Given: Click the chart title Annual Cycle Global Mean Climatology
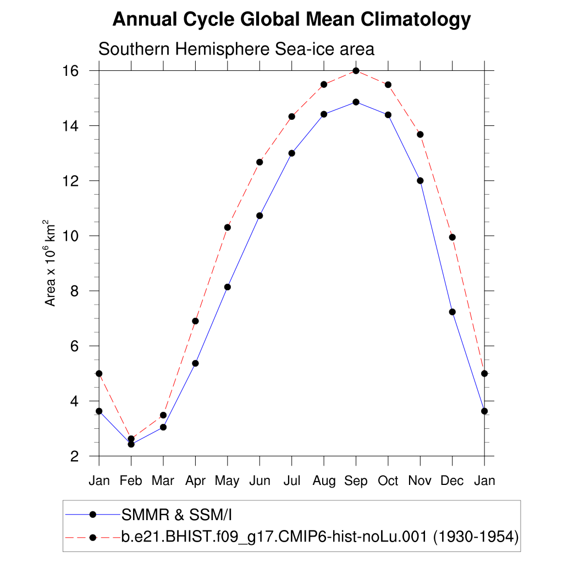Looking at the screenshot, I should [291, 20].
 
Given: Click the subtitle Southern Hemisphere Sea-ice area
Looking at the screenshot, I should [236, 49].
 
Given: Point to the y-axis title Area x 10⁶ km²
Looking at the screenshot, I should [51, 263].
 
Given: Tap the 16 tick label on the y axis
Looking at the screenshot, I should [75, 71].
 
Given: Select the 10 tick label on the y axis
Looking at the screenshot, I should [75, 236].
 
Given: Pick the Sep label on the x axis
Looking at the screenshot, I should [356, 481].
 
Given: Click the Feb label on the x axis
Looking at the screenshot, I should [131, 481].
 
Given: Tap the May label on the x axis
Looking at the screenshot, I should [227, 481].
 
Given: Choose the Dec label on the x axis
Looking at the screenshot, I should [452, 481].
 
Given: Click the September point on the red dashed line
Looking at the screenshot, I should [356, 71].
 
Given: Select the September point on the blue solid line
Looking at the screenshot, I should [356, 102].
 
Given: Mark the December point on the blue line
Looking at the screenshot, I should [452, 312].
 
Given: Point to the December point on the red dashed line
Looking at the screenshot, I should [452, 238].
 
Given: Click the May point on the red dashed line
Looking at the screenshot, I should [228, 228].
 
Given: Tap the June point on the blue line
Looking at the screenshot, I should [260, 216].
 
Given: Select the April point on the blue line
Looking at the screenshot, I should [195, 363].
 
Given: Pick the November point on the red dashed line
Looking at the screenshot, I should [420, 135].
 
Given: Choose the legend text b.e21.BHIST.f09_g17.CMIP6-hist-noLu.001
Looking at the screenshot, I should [275, 537].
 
